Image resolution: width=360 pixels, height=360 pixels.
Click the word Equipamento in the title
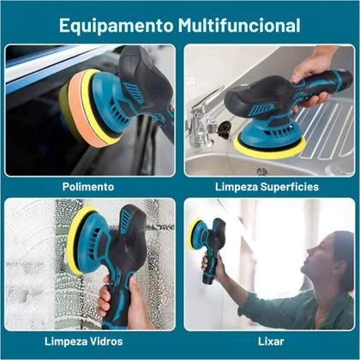click(117, 27)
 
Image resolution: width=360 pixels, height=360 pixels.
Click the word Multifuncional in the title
click(239, 25)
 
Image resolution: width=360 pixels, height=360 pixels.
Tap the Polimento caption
click(88, 187)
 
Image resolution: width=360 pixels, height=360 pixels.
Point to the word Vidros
click(106, 341)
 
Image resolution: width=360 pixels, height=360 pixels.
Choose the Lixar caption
click(271, 341)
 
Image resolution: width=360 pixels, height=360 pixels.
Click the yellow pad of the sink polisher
click(269, 149)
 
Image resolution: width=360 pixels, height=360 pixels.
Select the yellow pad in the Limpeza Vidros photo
click(75, 240)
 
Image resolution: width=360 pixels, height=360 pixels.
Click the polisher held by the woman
click(207, 247)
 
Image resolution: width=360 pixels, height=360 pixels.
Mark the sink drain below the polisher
click(262, 171)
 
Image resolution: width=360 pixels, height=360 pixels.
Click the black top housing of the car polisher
click(146, 86)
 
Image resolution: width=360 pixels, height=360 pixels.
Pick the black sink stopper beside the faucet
click(224, 129)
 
